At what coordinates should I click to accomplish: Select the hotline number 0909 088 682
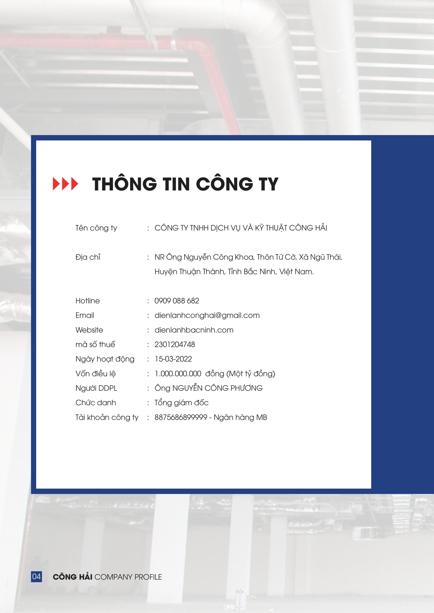click(x=177, y=301)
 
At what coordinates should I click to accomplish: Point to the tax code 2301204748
click(x=175, y=344)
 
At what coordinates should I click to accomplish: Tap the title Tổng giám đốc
click(x=181, y=403)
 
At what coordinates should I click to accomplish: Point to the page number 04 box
click(x=36, y=577)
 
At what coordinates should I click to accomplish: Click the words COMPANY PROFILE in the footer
click(x=128, y=577)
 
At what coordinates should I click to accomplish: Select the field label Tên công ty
click(x=96, y=228)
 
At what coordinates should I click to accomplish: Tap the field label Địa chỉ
click(x=88, y=257)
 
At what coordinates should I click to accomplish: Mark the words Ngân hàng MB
click(x=241, y=418)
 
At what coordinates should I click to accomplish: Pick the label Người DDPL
click(x=97, y=388)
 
